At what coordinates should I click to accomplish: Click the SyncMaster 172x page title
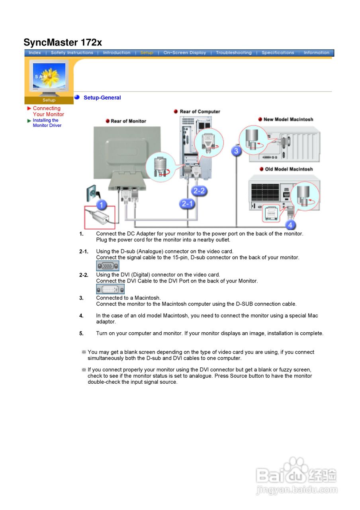[x=63, y=42]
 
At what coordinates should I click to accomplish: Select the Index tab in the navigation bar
[x=35, y=53]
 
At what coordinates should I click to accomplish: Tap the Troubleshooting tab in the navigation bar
[x=233, y=53]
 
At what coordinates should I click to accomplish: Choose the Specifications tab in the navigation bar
[x=278, y=53]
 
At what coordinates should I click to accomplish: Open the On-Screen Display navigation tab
[x=184, y=53]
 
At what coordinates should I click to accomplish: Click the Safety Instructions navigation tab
[x=72, y=53]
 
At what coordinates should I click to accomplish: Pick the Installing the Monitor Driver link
[x=47, y=123]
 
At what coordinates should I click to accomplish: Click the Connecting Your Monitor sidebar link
[x=48, y=111]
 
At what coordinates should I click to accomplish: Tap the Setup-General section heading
[x=102, y=98]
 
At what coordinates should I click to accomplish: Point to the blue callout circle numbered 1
[x=102, y=205]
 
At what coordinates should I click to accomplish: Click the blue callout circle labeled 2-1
[x=187, y=204]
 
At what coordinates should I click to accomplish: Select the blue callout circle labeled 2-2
[x=199, y=191]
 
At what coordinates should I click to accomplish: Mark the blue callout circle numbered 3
[x=237, y=151]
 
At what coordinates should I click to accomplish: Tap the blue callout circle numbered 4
[x=290, y=225]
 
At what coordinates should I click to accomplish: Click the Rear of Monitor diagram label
[x=128, y=121]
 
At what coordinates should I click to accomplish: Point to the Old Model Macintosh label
[x=289, y=169]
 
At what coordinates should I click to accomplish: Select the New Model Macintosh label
[x=288, y=120]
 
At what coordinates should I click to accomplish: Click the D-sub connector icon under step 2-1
[x=108, y=266]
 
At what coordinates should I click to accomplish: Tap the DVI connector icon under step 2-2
[x=110, y=289]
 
